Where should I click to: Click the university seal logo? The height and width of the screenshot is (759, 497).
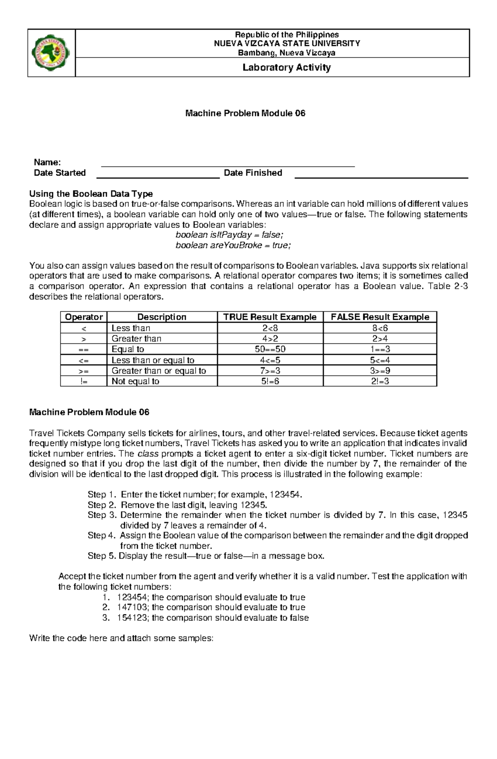(x=51, y=53)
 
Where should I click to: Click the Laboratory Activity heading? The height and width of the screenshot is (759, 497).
(x=286, y=67)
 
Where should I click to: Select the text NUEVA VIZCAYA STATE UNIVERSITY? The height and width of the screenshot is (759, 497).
(x=286, y=43)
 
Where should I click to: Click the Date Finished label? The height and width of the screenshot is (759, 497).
(x=253, y=173)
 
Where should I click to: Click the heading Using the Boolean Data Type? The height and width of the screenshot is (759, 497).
(x=91, y=194)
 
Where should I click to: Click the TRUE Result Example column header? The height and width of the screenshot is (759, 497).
(x=270, y=317)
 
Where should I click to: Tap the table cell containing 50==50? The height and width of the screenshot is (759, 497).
(x=270, y=349)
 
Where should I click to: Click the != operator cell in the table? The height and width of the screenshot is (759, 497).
(x=84, y=381)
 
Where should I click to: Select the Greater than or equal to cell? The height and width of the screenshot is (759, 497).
(x=159, y=371)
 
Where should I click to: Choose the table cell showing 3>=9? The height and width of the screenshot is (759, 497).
(x=380, y=371)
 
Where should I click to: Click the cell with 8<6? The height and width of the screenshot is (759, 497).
(x=380, y=328)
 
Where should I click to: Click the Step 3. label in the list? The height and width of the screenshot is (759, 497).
(x=102, y=515)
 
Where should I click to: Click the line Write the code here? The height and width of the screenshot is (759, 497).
(x=121, y=638)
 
